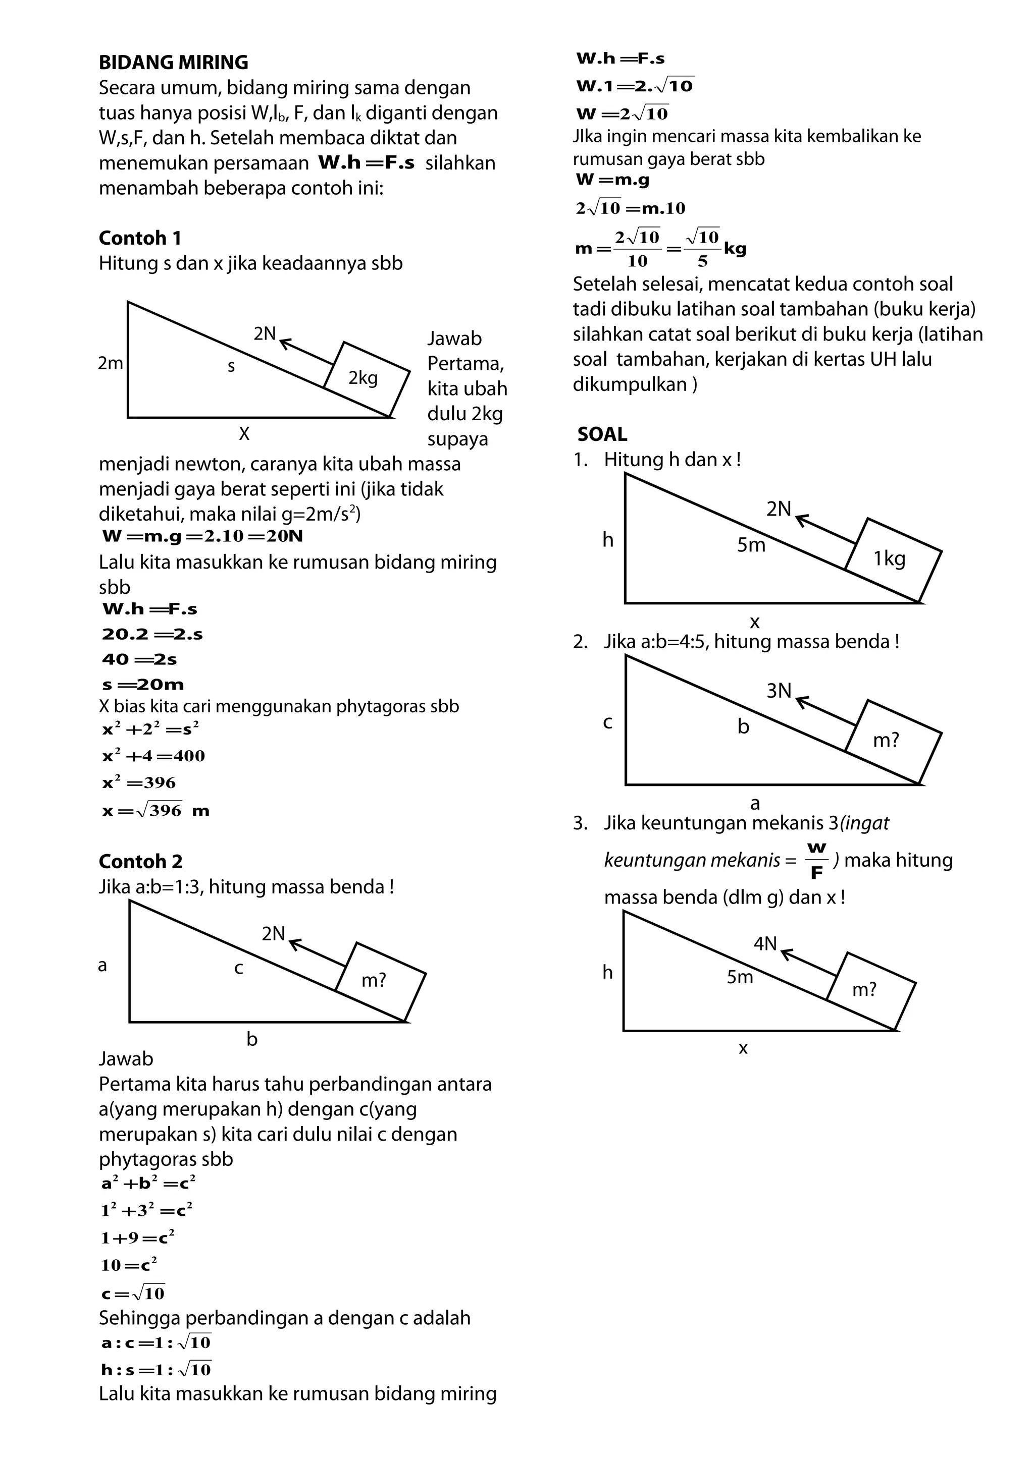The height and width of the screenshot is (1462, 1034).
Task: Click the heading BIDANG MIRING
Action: point(173,63)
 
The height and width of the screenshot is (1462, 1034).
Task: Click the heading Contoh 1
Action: point(140,238)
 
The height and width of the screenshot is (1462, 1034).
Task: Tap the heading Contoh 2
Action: point(141,862)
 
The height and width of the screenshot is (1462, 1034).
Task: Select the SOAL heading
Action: point(602,434)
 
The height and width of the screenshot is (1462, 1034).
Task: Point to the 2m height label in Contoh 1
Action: point(110,363)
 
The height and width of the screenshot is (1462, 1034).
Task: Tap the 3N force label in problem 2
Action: point(779,691)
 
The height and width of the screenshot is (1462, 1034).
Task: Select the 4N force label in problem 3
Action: point(765,943)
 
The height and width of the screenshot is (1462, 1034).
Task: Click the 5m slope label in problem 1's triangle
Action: point(751,545)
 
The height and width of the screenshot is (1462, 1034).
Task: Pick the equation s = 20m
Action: point(143,685)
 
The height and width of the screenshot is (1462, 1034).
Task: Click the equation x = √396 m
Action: point(156,811)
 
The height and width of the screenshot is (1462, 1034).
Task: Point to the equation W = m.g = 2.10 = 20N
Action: point(202,536)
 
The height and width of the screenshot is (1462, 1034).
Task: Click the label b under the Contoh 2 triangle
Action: point(251,1039)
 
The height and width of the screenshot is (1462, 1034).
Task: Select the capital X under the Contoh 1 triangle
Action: point(244,434)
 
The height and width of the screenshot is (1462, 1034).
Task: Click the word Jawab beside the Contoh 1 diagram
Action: point(454,338)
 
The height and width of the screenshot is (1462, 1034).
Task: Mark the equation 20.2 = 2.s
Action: point(152,634)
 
